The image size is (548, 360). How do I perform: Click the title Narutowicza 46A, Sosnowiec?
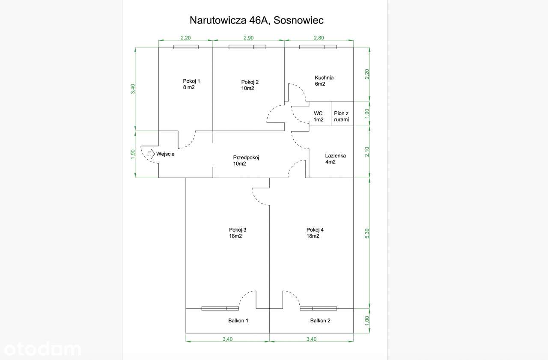pos(256,21)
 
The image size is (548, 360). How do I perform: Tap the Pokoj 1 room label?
pos(191,84)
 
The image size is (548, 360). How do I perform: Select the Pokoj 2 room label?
pos(250,85)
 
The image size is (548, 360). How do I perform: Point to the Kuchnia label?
pos(324,81)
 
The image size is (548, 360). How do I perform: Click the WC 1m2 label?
pos(319,116)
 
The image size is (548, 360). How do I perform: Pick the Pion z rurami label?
pos(341,116)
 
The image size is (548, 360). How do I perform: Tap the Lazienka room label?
pos(335,159)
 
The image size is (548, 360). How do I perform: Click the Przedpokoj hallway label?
pos(246,161)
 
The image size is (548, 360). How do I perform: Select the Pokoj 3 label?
pos(238,233)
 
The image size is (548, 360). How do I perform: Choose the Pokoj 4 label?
pos(315,233)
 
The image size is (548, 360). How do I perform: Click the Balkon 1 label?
pos(238,320)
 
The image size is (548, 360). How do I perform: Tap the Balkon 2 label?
pos(320,320)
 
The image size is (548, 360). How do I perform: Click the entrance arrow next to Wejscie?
pos(151,154)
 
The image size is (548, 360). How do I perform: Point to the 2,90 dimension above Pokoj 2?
pos(248,38)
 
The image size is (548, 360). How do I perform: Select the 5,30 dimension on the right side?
pos(367,234)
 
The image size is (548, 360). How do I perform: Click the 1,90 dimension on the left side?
pos(133,154)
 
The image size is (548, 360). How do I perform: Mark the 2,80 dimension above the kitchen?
pos(319,38)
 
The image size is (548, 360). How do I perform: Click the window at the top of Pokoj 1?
pos(186,47)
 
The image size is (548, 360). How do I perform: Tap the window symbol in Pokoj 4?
pos(318,308)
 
